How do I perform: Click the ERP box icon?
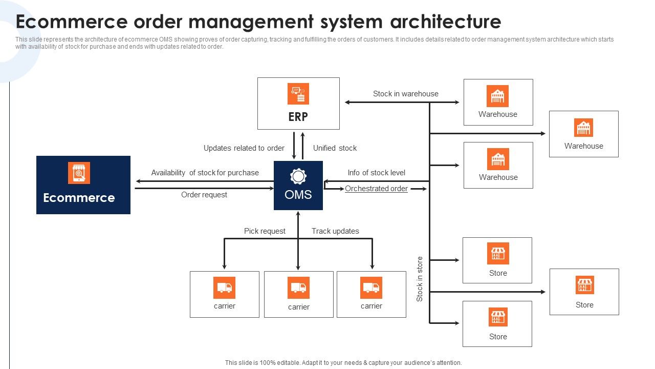point(298,94)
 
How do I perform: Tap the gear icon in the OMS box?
point(298,177)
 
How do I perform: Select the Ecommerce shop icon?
point(79,173)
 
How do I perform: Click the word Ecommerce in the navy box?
point(79,198)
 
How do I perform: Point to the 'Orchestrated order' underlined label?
point(376,189)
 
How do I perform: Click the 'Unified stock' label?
point(335,148)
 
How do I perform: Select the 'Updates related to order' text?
point(244,148)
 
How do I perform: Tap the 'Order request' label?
point(204,195)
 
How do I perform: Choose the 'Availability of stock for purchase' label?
point(205,173)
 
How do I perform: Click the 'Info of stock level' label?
point(376,173)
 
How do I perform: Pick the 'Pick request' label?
point(265,231)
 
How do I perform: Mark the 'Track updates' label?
point(335,231)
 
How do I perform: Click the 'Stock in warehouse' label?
point(405,94)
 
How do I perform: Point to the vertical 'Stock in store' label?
point(420,279)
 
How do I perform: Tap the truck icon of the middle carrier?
point(298,288)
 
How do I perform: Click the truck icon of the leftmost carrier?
point(224,288)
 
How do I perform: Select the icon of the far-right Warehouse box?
point(583,128)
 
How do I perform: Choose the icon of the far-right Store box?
point(584,285)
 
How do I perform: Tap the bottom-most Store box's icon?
point(497,317)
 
